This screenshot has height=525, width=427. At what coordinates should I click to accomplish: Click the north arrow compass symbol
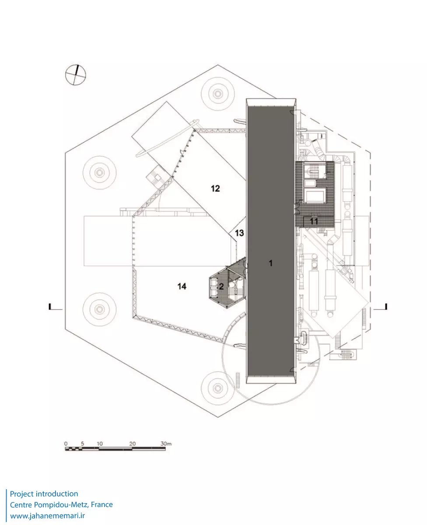pyautogui.click(x=76, y=74)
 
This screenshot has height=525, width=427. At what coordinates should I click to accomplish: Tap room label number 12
pyautogui.click(x=215, y=189)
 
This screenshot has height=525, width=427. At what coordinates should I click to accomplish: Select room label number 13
pyautogui.click(x=239, y=233)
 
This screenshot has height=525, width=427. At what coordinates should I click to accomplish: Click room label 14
pyautogui.click(x=182, y=286)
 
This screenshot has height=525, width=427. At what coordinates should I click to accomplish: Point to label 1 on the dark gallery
pyautogui.click(x=270, y=263)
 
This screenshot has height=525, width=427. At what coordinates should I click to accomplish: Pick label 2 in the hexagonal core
pyautogui.click(x=221, y=287)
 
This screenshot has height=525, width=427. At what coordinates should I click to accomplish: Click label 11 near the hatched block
pyautogui.click(x=314, y=221)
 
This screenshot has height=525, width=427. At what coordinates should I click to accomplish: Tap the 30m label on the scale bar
pyautogui.click(x=166, y=443)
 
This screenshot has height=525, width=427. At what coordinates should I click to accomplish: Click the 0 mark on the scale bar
pyautogui.click(x=66, y=443)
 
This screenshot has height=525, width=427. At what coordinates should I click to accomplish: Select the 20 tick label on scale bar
pyautogui.click(x=133, y=443)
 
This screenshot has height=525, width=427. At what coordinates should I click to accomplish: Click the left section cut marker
pyautogui.click(x=51, y=306)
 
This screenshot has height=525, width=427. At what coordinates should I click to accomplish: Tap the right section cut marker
pyautogui.click(x=384, y=306)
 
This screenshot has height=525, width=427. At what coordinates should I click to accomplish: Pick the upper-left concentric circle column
pyautogui.click(x=99, y=171)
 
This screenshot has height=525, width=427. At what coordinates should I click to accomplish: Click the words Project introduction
pyautogui.click(x=44, y=494)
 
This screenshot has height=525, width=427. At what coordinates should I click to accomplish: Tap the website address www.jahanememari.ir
pyautogui.click(x=47, y=516)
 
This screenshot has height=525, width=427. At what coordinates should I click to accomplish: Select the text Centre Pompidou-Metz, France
pyautogui.click(x=61, y=505)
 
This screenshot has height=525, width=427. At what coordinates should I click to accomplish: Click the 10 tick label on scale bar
pyautogui.click(x=99, y=443)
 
